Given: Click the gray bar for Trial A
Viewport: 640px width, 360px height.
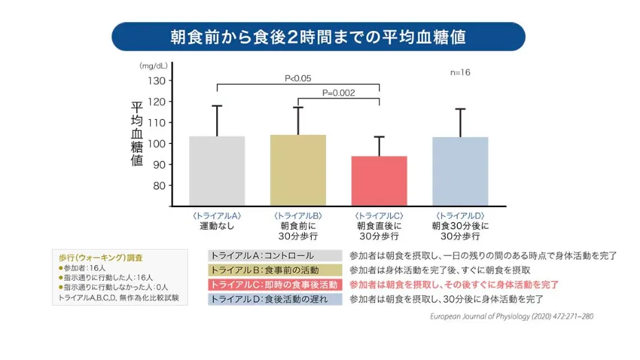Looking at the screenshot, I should click(x=217, y=170).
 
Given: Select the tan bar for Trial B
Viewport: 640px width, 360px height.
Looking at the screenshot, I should click(x=299, y=169).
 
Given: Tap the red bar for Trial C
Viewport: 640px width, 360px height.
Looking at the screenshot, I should click(x=380, y=180).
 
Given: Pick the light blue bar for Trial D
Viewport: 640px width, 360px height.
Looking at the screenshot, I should click(x=460, y=171).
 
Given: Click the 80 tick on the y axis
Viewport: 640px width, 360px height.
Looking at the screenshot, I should click(x=159, y=185).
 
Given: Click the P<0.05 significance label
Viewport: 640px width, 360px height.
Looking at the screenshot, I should click(x=298, y=78).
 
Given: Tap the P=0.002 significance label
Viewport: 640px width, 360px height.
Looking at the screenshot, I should click(x=339, y=93).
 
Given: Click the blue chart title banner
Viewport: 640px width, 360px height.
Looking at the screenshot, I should click(x=318, y=36).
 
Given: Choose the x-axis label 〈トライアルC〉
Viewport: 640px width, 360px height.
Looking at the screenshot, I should click(x=379, y=215).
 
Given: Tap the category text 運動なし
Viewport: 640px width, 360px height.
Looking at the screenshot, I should click(x=217, y=226).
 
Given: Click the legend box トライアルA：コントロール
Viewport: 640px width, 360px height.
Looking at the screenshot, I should click(x=275, y=255).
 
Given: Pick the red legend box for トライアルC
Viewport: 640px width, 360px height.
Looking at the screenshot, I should click(x=275, y=284).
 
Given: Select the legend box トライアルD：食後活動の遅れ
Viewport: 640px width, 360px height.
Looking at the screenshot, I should click(x=275, y=299).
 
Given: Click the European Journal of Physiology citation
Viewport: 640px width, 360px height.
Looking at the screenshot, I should click(x=511, y=317).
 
